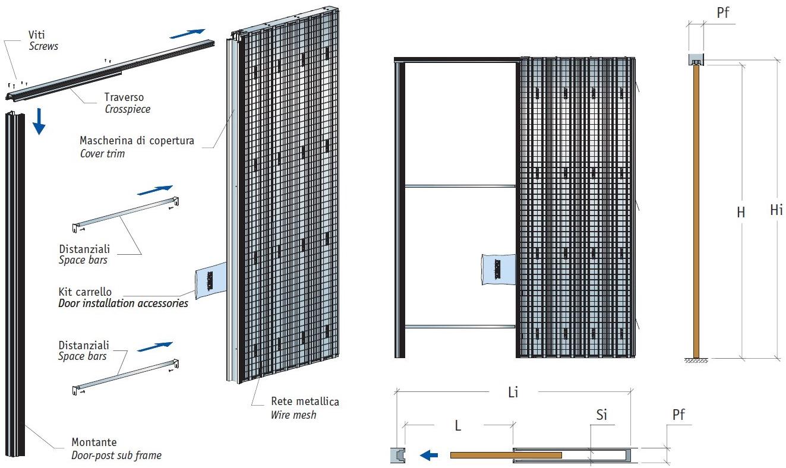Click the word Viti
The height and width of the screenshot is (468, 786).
coord(37,35)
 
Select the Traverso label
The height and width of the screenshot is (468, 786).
coord(124,97)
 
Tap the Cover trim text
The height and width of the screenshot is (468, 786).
coord(102,154)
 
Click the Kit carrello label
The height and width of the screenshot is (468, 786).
coord(85,292)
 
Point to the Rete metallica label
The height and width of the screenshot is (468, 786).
coord(305,402)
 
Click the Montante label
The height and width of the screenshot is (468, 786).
coord(94,442)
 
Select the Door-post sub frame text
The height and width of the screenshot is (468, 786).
coord(116,456)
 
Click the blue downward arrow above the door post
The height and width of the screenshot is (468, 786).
coord(39,121)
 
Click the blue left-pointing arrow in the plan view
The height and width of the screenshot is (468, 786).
coord(429,456)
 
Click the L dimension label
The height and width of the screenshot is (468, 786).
coord(458,426)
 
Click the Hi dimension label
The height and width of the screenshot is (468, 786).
coord(776,210)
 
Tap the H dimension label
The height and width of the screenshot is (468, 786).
coord(741,212)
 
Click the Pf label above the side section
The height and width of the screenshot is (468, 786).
coord(723,13)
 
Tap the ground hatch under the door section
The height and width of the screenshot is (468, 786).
coord(696,361)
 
